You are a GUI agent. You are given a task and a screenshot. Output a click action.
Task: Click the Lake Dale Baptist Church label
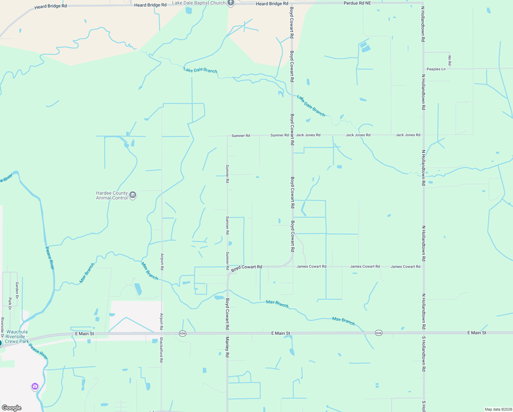[x=199, y=3]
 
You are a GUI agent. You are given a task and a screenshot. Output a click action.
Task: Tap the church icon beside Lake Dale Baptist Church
[x=231, y=3]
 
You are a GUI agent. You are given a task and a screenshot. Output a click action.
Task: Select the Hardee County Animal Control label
[x=112, y=195]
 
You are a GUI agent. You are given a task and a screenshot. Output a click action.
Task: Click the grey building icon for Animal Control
[x=133, y=195]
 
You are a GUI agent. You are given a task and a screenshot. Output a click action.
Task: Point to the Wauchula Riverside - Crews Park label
[x=17, y=336]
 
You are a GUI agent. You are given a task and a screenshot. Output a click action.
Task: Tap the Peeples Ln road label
[x=436, y=69]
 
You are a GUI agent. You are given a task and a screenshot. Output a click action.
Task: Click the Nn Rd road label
[x=450, y=60]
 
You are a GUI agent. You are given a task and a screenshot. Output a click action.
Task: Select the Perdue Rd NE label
[x=357, y=3]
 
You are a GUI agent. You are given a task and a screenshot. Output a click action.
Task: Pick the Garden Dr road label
[x=17, y=290]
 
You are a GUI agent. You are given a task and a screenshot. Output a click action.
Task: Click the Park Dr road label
[x=10, y=304]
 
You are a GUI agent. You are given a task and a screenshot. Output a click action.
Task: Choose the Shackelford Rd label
[x=161, y=350]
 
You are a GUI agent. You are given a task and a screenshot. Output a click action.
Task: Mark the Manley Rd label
[x=227, y=347]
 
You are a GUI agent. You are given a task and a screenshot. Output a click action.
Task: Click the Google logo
[x=12, y=408]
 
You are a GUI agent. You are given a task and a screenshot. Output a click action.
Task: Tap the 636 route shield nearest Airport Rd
[x=182, y=333]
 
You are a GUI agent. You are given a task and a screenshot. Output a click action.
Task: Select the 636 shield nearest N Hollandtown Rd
[x=378, y=333]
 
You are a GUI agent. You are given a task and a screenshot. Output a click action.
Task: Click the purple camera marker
[x=35, y=387]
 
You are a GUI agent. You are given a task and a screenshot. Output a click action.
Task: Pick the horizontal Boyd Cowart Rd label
[x=247, y=268]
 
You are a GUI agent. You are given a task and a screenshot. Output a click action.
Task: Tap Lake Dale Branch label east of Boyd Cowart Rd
[x=311, y=106]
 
